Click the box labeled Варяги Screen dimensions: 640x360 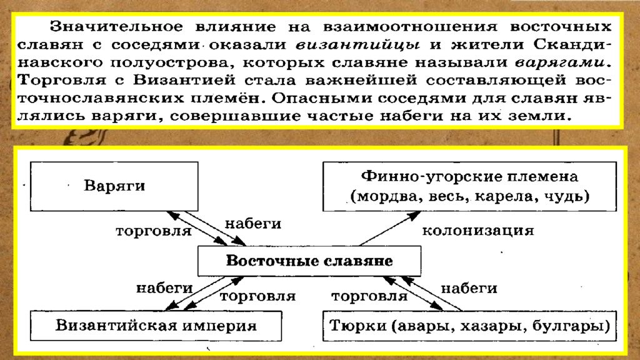114,186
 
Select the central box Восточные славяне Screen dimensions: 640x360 309,261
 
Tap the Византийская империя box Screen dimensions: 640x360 156,326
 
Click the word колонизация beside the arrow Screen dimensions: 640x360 478,231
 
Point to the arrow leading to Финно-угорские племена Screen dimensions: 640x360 390,228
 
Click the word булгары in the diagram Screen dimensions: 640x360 566,326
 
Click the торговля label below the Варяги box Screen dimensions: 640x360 154,231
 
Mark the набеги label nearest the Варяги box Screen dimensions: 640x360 253,224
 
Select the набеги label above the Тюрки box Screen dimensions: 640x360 469,289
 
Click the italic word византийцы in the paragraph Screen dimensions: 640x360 357,44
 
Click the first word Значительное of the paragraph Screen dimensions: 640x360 116,26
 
